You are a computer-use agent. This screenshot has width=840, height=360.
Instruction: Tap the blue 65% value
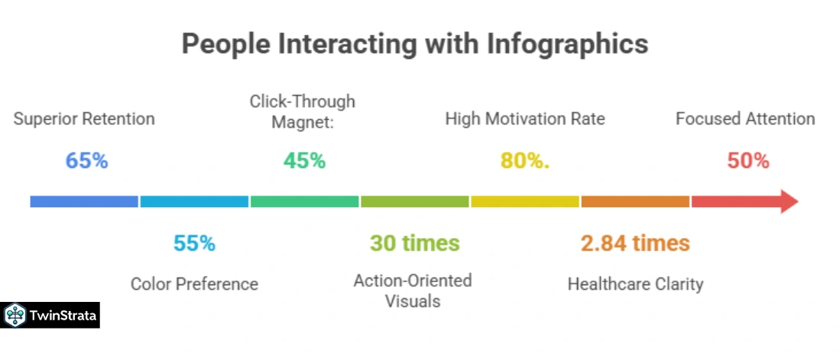tap(86, 161)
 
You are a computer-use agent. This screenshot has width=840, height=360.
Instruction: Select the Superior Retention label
tap(84, 119)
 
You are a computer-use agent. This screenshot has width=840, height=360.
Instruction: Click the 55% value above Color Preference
tap(194, 244)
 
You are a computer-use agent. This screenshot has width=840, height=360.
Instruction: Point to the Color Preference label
tap(194, 284)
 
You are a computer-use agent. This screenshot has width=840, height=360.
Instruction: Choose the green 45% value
tap(304, 161)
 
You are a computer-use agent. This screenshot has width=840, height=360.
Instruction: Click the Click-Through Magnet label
tap(303, 112)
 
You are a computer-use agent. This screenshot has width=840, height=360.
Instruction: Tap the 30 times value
tap(414, 244)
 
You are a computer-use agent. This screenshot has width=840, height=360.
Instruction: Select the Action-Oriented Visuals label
tap(413, 290)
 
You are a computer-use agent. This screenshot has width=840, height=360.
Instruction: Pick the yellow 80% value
tap(524, 161)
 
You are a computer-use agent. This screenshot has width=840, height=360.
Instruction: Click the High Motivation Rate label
tap(525, 119)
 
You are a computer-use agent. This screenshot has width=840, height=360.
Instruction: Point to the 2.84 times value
tap(635, 244)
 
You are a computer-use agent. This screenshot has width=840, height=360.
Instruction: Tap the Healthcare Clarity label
tap(635, 284)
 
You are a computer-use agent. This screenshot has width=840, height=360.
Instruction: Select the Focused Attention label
tap(745, 119)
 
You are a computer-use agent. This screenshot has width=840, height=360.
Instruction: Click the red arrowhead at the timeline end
tap(787, 202)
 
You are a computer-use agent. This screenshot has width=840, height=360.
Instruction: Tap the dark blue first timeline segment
tap(84, 202)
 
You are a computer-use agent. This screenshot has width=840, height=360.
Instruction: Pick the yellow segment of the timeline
tap(524, 202)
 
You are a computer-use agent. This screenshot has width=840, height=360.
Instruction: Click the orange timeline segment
tap(634, 202)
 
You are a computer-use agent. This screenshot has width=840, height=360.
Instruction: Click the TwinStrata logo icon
tap(15, 315)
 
